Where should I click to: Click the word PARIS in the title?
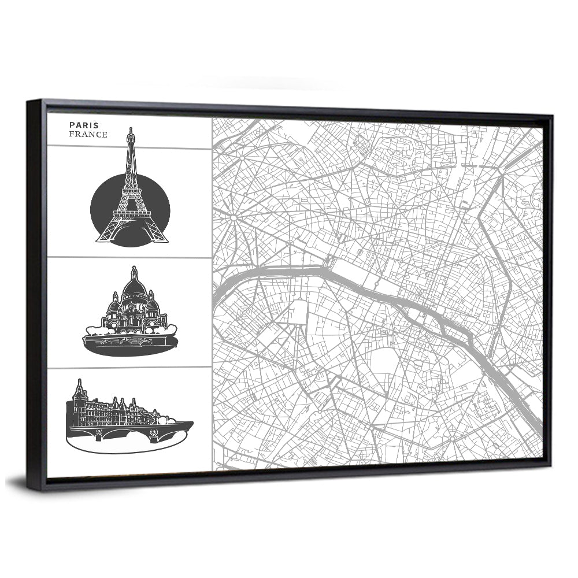click(84, 125)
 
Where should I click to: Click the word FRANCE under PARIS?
click(88, 135)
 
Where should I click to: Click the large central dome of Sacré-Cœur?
click(134, 286)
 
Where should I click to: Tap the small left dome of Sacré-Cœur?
click(114, 304)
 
